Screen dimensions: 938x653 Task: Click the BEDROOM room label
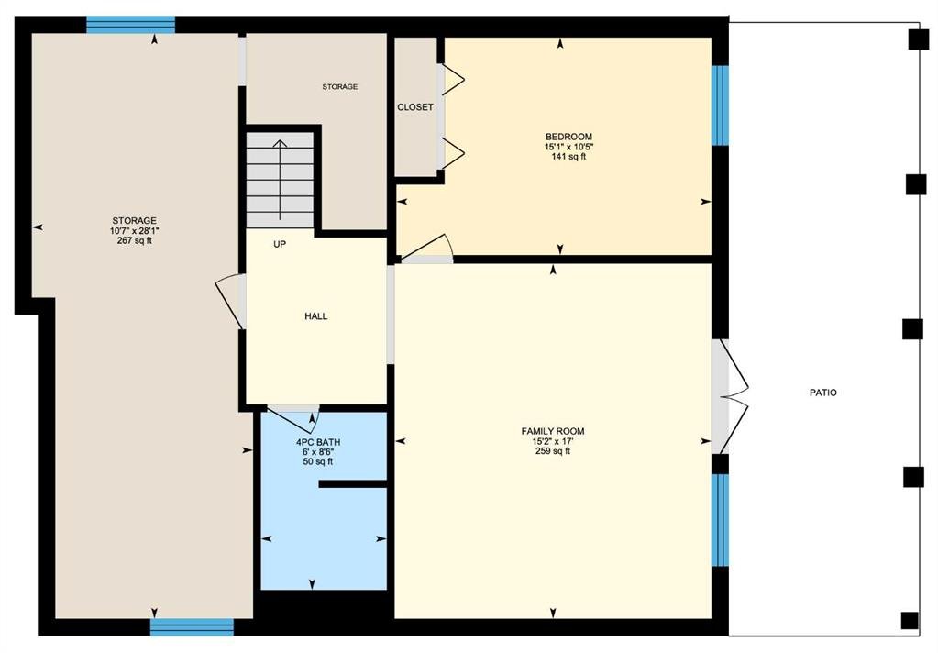click(568, 137)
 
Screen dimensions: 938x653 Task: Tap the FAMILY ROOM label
click(553, 431)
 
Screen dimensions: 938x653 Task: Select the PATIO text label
click(823, 393)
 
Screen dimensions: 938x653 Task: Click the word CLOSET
click(415, 107)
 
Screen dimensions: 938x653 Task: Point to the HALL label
click(315, 316)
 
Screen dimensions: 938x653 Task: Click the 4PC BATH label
click(318, 442)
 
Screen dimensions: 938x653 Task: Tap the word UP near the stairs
click(280, 244)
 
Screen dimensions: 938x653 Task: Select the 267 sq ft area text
click(135, 240)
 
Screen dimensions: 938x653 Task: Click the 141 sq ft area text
click(568, 157)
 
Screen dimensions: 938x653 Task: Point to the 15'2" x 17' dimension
click(553, 441)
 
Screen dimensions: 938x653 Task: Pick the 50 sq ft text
click(318, 461)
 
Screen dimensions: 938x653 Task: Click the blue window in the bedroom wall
click(721, 105)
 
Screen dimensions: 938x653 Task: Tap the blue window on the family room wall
click(721, 519)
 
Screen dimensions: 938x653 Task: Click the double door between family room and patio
click(730, 396)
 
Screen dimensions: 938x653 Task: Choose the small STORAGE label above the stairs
click(340, 87)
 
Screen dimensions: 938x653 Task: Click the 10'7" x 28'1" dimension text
click(135, 230)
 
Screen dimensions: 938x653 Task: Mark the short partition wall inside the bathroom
click(353, 483)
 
